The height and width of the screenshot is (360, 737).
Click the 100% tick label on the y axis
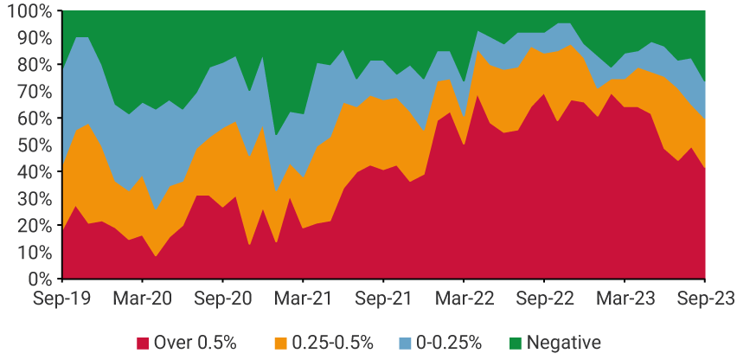click(28, 11)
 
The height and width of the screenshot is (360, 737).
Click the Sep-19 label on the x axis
click(61, 299)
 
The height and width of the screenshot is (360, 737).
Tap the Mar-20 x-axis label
click(142, 299)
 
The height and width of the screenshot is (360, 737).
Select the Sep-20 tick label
click(222, 299)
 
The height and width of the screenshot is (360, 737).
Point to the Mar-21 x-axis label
click(303, 299)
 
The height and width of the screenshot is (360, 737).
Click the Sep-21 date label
click(383, 299)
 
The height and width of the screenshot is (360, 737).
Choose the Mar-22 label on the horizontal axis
click(464, 299)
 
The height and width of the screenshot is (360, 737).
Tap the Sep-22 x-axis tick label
click(544, 299)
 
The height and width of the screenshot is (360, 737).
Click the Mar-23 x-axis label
click(624, 299)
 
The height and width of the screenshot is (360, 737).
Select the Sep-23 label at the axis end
click(704, 299)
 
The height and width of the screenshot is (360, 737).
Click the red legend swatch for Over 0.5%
click(142, 343)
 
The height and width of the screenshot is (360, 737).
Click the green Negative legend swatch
click(515, 343)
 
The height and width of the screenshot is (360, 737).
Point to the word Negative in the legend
click(563, 343)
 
